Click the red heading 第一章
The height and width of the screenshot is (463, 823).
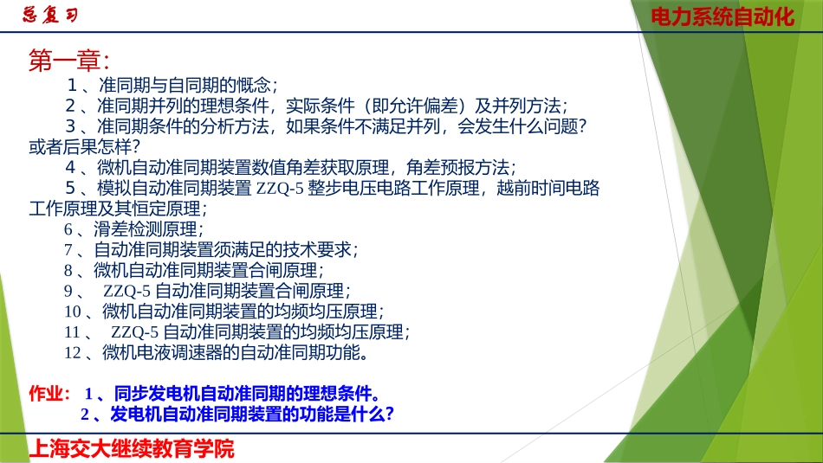(x=68, y=61)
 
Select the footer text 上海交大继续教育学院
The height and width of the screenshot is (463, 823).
(x=132, y=448)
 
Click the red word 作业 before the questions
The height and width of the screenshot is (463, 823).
(x=49, y=393)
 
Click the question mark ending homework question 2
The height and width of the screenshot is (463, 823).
(x=390, y=414)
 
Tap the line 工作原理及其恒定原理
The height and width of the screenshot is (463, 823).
(x=118, y=209)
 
